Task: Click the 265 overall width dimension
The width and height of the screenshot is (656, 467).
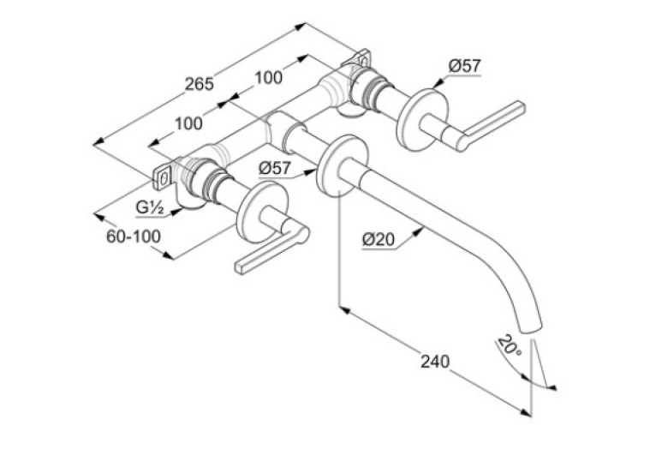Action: [200, 84]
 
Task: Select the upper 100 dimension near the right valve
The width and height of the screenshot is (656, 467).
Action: [268, 77]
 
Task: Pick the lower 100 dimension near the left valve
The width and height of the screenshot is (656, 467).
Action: [188, 123]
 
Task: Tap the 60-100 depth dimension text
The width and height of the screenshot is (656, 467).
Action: [134, 236]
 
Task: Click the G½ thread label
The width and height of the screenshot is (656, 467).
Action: [149, 207]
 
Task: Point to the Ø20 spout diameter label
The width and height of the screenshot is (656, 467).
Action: [379, 240]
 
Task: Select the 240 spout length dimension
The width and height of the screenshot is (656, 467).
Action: [435, 361]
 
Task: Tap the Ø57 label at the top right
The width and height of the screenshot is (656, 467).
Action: [465, 66]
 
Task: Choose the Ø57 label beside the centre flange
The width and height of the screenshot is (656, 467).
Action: [274, 169]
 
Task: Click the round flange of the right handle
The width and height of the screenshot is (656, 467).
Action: [422, 119]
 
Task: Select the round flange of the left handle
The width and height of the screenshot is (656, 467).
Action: [262, 213]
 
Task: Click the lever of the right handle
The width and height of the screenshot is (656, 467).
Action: [491, 126]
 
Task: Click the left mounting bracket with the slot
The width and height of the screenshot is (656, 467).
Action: [163, 179]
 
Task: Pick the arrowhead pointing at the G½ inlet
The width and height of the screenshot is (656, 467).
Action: [177, 212]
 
